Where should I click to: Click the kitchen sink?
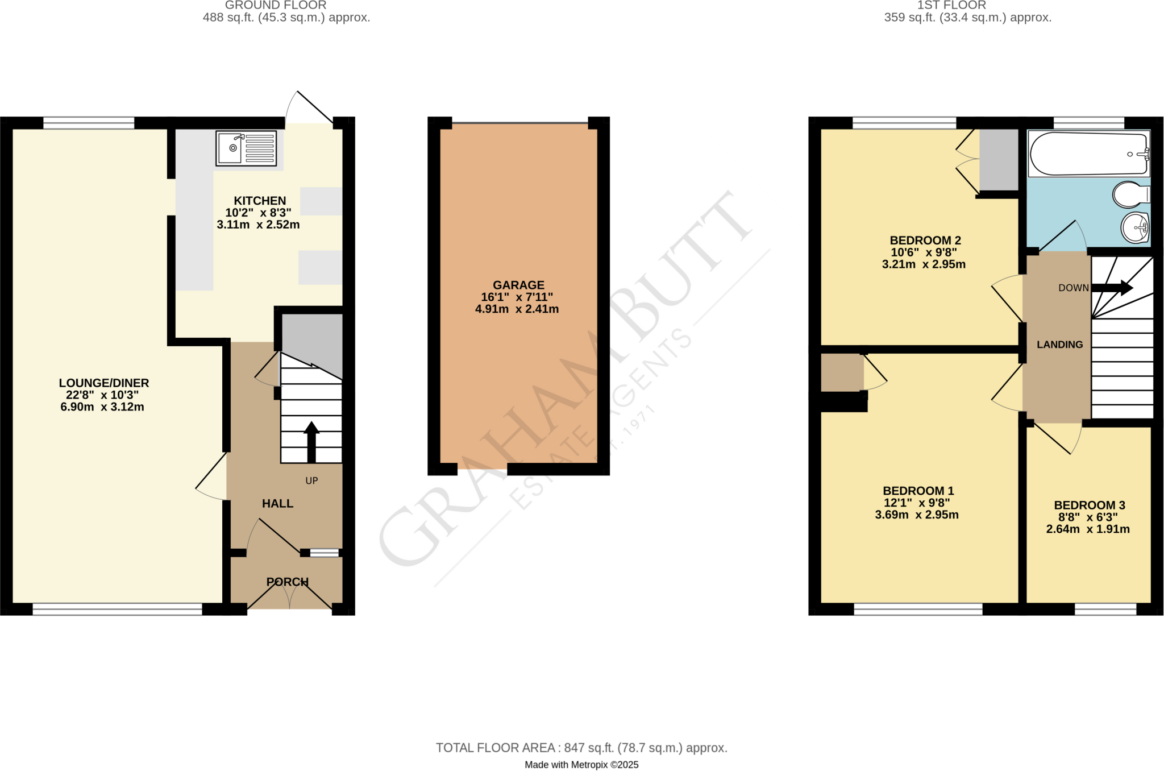pyautogui.click(x=246, y=148)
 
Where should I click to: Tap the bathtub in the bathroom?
pyautogui.click(x=1088, y=154)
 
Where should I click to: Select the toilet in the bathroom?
pyautogui.click(x=1130, y=194)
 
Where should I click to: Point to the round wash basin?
pyautogui.click(x=1134, y=227)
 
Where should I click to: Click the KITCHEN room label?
pyautogui.click(x=260, y=201)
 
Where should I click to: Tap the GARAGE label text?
pyautogui.click(x=518, y=285)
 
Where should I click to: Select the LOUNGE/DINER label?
pyautogui.click(x=104, y=383)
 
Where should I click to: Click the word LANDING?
pyautogui.click(x=1059, y=345)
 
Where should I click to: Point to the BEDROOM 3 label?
pyautogui.click(x=1089, y=505)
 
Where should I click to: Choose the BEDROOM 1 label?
pyautogui.click(x=918, y=491)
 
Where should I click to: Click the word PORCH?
pyautogui.click(x=288, y=582)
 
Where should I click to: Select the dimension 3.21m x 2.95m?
pyautogui.click(x=923, y=264)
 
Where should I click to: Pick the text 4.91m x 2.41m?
pyautogui.click(x=517, y=309)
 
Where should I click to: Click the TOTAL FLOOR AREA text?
pyautogui.click(x=581, y=748)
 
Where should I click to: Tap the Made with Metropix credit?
pyautogui.click(x=581, y=765)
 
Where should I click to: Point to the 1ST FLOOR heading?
pyautogui.click(x=951, y=6)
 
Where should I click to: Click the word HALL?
pyautogui.click(x=277, y=503)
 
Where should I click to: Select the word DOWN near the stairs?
pyautogui.click(x=1073, y=288)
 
